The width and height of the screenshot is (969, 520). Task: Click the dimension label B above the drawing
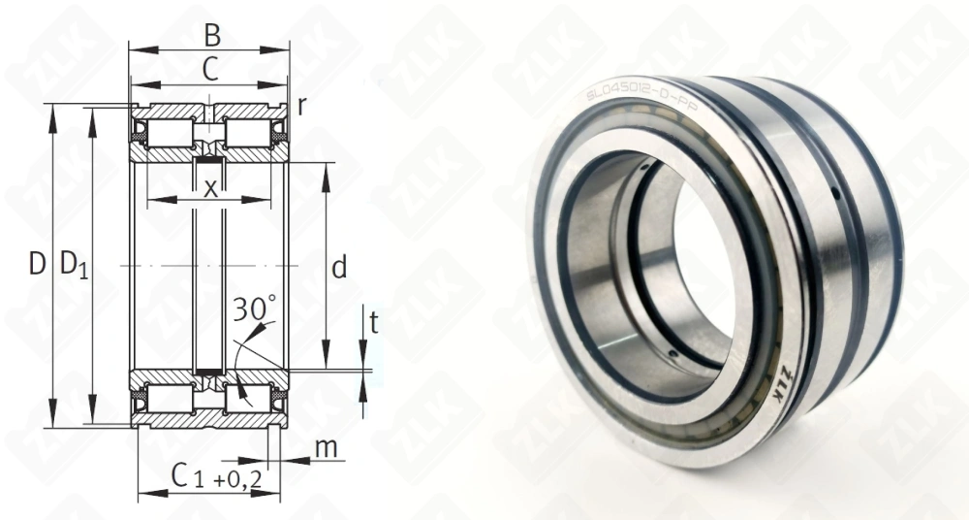212,35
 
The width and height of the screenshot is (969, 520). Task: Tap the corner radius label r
302,106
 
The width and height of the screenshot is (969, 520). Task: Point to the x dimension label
210,188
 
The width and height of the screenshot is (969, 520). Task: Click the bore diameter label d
338,269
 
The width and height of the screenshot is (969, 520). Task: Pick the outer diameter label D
37,263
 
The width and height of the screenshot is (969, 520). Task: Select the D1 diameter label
74,264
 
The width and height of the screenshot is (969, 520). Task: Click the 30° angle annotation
255,310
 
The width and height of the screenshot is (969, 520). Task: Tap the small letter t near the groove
374,324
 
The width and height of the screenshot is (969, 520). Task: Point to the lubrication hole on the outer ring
836,197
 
